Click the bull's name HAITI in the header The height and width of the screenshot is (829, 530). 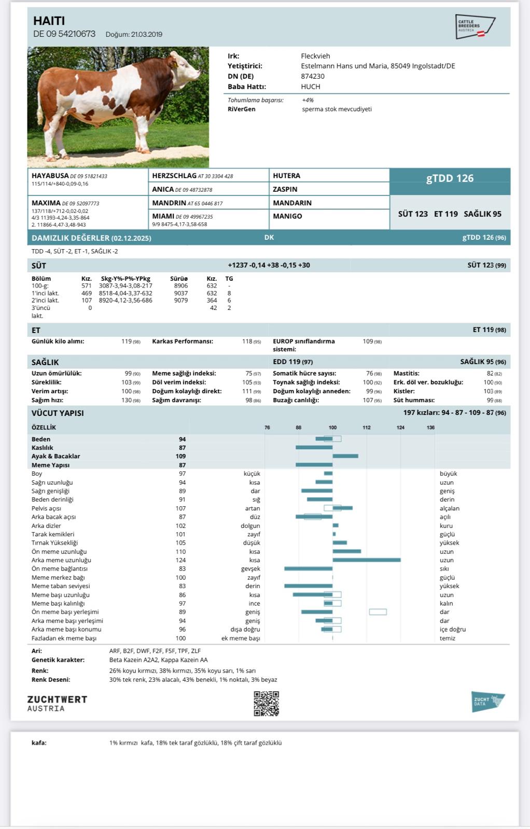[49, 21]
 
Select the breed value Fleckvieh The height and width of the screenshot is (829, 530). [315, 56]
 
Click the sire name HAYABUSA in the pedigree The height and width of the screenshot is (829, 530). [50, 176]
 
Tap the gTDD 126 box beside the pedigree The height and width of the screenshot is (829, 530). [450, 178]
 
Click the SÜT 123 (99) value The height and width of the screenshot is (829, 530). [486, 265]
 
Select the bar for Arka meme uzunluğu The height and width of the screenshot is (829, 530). [366, 560]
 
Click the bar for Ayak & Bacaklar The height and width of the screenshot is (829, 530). [345, 456]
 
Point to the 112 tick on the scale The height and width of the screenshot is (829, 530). [366, 427]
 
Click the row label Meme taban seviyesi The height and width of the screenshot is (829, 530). [61, 586]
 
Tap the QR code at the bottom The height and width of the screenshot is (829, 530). [266, 704]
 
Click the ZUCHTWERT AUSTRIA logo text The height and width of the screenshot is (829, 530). [57, 704]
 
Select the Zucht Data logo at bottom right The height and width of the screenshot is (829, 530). [487, 702]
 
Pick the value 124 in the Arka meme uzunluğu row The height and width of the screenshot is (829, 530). [180, 560]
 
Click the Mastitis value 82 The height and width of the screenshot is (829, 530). [490, 373]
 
